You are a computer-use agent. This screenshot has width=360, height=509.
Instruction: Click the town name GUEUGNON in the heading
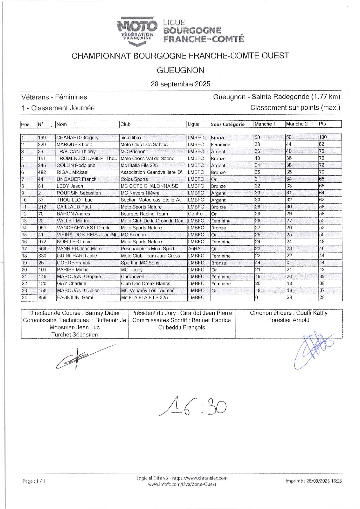pos(180,70)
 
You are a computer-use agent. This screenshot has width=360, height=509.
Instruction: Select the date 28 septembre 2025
pos(180,84)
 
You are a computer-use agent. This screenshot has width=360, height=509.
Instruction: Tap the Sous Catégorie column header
pos(227,124)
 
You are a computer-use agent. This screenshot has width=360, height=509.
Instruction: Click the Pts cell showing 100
pos(323,137)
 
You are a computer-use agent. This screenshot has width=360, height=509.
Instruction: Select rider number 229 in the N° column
pos(42,144)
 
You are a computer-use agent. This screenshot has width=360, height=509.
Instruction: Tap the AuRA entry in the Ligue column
pos(194,249)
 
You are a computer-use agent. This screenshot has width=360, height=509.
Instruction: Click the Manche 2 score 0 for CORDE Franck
pos(288,262)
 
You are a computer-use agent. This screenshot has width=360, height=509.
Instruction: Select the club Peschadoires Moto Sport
pos(147,249)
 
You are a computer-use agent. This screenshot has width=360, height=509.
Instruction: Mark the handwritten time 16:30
pos(193,406)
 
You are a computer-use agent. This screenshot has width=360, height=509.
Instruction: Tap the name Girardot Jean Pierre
pos(206,313)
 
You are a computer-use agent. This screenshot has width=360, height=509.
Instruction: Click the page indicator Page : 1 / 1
pos(34,481)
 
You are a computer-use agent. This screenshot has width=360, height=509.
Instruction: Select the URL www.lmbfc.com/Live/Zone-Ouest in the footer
pos(182,484)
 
